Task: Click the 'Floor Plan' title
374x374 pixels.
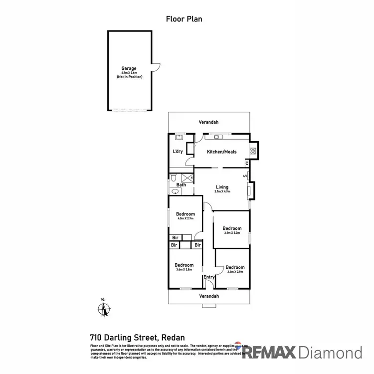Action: (184, 19)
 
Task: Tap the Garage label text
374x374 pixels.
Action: (129, 68)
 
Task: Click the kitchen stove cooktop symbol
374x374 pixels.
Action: (253, 152)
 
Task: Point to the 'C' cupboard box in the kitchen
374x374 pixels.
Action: (247, 163)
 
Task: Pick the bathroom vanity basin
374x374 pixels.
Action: (175, 191)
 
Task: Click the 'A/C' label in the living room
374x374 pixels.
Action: (245, 176)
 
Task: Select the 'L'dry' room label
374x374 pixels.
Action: (178, 152)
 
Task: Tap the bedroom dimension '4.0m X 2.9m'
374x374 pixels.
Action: (185, 219)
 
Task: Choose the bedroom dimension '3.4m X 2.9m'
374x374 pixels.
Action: (235, 272)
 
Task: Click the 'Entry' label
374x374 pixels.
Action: (209, 277)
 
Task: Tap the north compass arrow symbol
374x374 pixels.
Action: (104, 309)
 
